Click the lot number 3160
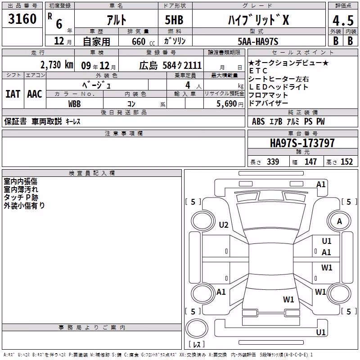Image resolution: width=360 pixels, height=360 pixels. click(x=22, y=19)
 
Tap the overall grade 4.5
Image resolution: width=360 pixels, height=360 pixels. click(x=343, y=21)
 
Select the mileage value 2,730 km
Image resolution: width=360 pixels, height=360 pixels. click(x=57, y=65)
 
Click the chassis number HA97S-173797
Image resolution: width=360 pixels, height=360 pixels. click(x=302, y=143)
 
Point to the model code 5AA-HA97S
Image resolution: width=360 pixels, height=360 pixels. click(x=258, y=41)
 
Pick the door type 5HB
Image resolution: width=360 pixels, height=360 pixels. click(x=174, y=20)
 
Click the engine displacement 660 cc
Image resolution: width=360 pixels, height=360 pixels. click(x=143, y=42)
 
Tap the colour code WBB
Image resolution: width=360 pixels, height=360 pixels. click(x=74, y=104)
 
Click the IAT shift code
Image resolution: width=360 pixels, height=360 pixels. click(x=13, y=94)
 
